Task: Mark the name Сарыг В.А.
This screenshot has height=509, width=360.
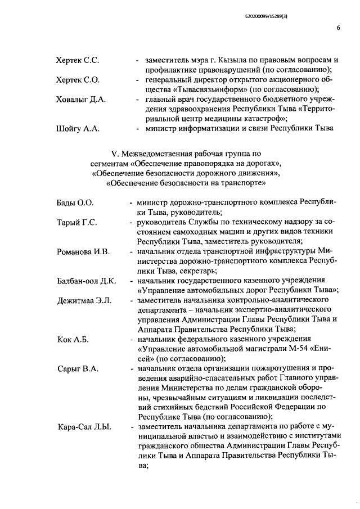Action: (78, 369)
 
